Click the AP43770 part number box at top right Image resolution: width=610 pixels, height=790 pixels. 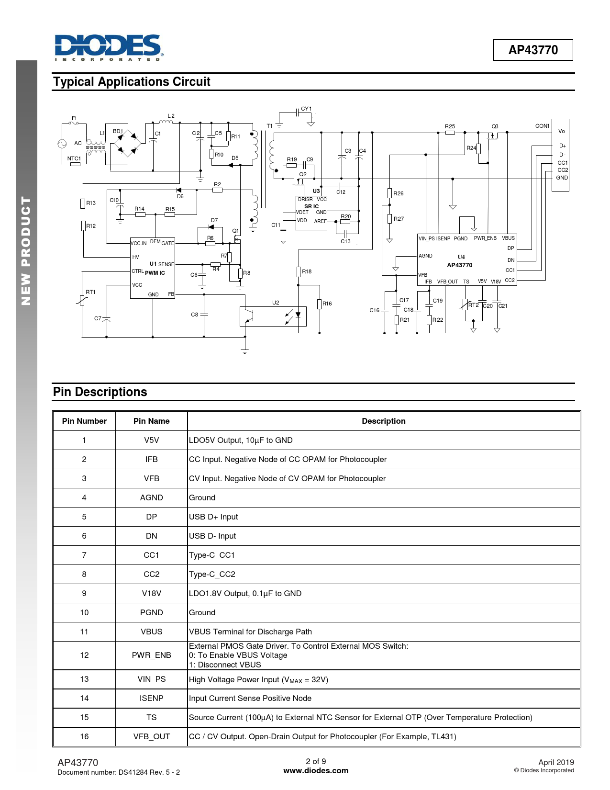(532, 50)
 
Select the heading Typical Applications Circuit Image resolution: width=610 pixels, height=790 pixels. (132, 81)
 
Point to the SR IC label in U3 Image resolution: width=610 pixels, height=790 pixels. (311, 206)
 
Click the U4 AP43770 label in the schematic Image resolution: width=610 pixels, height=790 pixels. (460, 261)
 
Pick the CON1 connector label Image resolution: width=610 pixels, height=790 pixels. (542, 126)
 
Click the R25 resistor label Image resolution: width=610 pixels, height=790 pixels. (450, 126)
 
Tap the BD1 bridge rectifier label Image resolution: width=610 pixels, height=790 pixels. (118, 131)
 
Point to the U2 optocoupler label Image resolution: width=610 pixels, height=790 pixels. (276, 303)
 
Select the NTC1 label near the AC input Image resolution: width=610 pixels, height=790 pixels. (74, 158)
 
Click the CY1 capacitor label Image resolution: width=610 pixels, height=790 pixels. (306, 109)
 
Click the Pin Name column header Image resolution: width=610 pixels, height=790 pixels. (152, 421)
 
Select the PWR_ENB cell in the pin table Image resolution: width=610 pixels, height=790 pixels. (152, 655)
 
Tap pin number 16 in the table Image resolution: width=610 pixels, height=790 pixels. (84, 736)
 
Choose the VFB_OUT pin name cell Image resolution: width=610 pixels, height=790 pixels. (152, 737)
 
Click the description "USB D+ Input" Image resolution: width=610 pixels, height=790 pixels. (213, 517)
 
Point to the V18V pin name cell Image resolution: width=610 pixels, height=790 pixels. (152, 593)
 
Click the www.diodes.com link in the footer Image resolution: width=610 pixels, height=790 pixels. (316, 771)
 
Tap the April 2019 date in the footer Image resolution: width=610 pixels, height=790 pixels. (556, 762)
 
